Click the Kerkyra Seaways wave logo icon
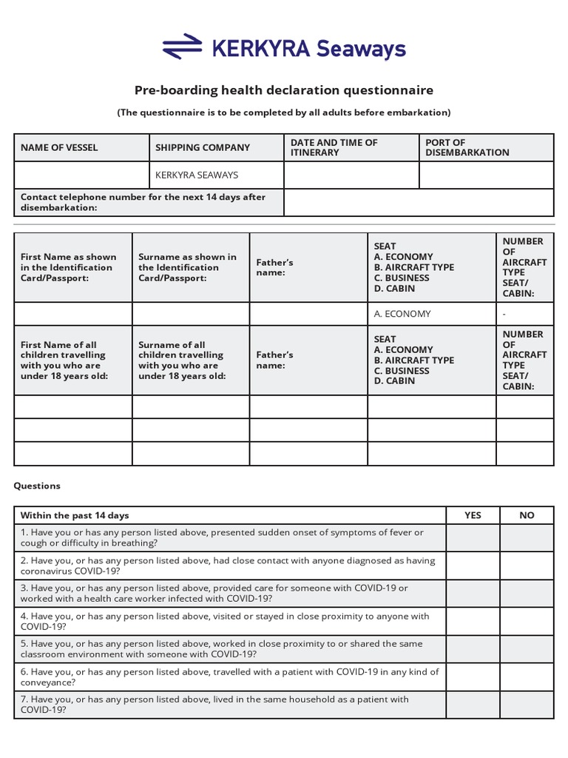[x=182, y=47]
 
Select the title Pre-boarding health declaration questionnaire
[x=283, y=90]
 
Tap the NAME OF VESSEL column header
[x=59, y=147]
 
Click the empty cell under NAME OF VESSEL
[x=81, y=175]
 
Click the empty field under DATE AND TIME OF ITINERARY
[x=351, y=175]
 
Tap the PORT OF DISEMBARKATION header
[x=466, y=147]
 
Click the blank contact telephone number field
[x=419, y=202]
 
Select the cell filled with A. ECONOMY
[x=431, y=314]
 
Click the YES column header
[x=473, y=515]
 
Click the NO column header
[x=527, y=515]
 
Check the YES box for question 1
[x=473, y=538]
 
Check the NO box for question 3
[x=527, y=594]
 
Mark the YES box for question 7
[x=473, y=705]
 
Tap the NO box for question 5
[x=527, y=649]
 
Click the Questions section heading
[x=37, y=486]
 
